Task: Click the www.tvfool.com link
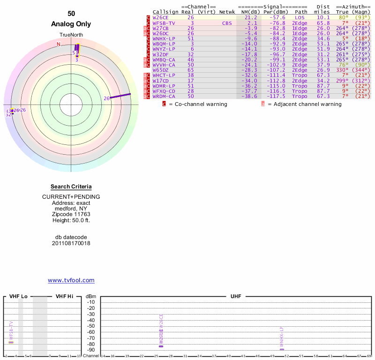[x=71, y=280]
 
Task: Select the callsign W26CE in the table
[x=161, y=17]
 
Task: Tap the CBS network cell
[x=227, y=23]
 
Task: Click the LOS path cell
[x=300, y=17]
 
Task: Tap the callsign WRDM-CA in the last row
[x=164, y=96]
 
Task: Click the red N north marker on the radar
[x=59, y=44]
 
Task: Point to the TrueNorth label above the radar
[x=71, y=36]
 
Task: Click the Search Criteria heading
[x=71, y=187]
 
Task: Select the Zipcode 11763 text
[x=71, y=214]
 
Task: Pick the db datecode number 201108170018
[x=71, y=243]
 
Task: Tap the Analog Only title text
[x=71, y=24]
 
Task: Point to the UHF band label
[x=236, y=297]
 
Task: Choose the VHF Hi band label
[x=65, y=297]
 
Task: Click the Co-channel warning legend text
[x=198, y=104]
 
